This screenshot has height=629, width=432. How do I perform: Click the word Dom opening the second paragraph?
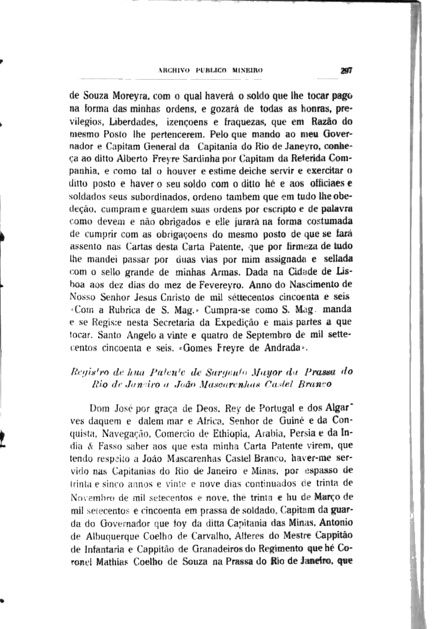tap(100, 408)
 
